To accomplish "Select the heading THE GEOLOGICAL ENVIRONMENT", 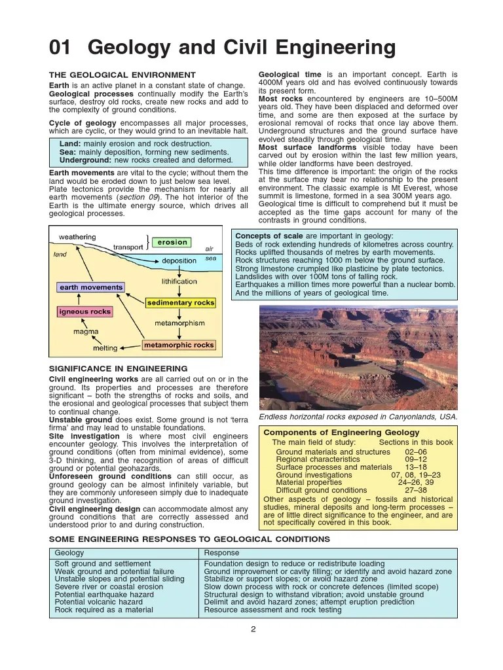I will [122, 75].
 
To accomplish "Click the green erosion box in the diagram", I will [172, 242].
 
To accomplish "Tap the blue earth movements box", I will [91, 287].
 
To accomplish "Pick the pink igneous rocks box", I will [84, 312].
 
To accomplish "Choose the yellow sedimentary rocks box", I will [180, 303].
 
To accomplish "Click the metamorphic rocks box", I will [179, 345].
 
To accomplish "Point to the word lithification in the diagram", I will [179, 281].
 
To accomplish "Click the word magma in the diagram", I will [86, 332].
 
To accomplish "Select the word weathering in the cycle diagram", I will [77, 237].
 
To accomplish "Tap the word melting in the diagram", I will [105, 348].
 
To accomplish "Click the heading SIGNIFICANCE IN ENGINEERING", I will [119, 368].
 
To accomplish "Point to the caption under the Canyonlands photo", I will [358, 417].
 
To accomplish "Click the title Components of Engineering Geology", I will [341, 432].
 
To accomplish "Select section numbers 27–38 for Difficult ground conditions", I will [416, 490].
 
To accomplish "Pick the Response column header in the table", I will [221, 553].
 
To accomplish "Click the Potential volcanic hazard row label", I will [98, 601].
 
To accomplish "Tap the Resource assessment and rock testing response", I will [272, 610].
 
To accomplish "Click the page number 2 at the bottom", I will [253, 630].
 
